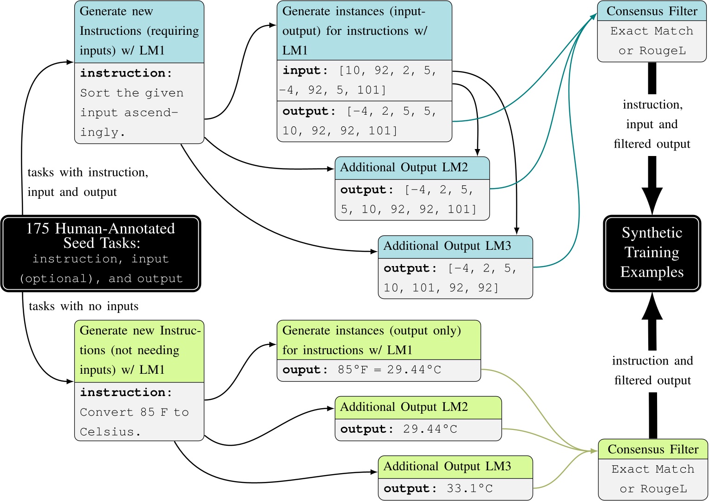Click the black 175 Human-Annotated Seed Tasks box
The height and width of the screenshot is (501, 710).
[x=101, y=254]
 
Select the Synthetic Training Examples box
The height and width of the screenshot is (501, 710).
[x=652, y=253]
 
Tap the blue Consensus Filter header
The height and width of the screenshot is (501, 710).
[x=651, y=11]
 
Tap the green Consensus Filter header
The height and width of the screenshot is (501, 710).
[x=653, y=449]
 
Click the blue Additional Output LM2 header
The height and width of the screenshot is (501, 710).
[x=412, y=168]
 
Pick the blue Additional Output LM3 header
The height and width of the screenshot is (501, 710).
[x=455, y=246]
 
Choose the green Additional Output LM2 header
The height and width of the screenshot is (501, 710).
[x=418, y=407]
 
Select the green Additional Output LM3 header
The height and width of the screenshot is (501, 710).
[x=455, y=467]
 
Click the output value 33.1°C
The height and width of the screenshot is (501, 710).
[x=469, y=488]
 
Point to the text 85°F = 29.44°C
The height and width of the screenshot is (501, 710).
[x=389, y=370]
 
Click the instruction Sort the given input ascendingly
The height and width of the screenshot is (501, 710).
[x=132, y=112]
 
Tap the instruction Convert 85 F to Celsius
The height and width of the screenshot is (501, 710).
[x=134, y=422]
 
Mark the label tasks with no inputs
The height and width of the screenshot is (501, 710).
[x=84, y=306]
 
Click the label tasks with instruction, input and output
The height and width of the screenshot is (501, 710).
[x=88, y=182]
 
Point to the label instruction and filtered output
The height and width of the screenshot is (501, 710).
[x=652, y=371]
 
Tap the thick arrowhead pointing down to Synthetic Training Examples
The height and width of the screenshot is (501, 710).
[x=652, y=200]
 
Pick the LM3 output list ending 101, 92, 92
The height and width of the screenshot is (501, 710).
[x=449, y=278]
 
